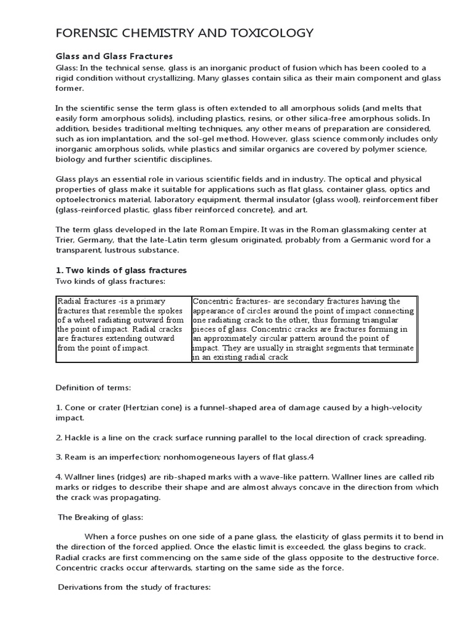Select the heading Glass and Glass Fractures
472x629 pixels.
[114, 57]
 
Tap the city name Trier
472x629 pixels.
[66, 240]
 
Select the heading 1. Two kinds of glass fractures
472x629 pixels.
[121, 270]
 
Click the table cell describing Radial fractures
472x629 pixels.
[123, 329]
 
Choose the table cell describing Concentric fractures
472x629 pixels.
[304, 329]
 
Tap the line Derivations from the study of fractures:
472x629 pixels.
[134, 587]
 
